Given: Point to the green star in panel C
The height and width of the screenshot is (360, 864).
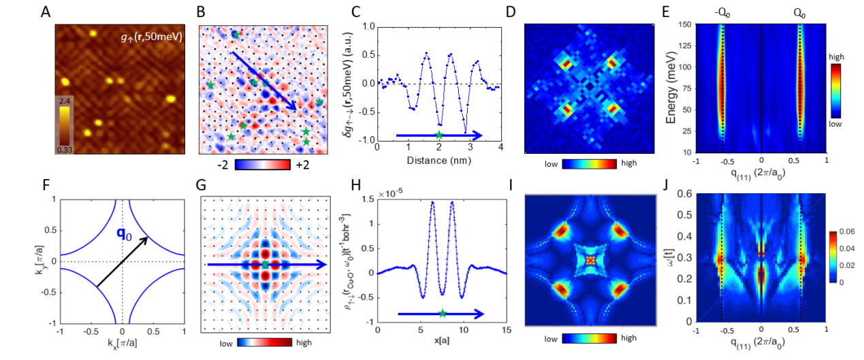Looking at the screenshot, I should [439, 135].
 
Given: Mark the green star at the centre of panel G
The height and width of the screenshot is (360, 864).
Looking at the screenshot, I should [265, 263].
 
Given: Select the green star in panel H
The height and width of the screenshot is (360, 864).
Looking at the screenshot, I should [443, 314].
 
